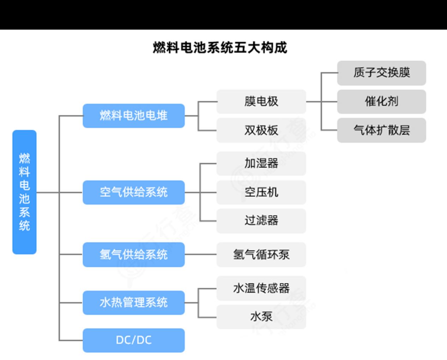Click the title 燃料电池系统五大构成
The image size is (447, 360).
(x=220, y=48)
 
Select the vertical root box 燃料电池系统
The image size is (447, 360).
(x=24, y=192)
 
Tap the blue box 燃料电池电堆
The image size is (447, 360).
(x=134, y=116)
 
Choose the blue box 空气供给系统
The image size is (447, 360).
(x=134, y=192)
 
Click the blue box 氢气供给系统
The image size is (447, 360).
(x=134, y=254)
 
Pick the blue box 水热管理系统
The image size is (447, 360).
(x=134, y=303)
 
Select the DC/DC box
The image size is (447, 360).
(x=134, y=340)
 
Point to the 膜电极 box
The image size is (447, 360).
(x=261, y=102)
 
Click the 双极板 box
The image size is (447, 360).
(x=261, y=130)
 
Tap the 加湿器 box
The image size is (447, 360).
(x=261, y=163)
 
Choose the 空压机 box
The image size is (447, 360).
(x=261, y=192)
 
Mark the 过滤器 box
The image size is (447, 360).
(x=261, y=221)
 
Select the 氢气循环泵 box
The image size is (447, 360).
(x=261, y=254)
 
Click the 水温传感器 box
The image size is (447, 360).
(x=261, y=288)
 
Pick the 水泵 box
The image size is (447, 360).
(x=261, y=317)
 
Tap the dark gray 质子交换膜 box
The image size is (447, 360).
(x=382, y=73)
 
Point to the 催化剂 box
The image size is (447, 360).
(x=382, y=102)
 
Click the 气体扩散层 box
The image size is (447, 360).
(x=382, y=130)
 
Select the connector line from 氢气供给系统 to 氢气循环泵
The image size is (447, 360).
(x=201, y=254)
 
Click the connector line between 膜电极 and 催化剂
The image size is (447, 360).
(x=321, y=102)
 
